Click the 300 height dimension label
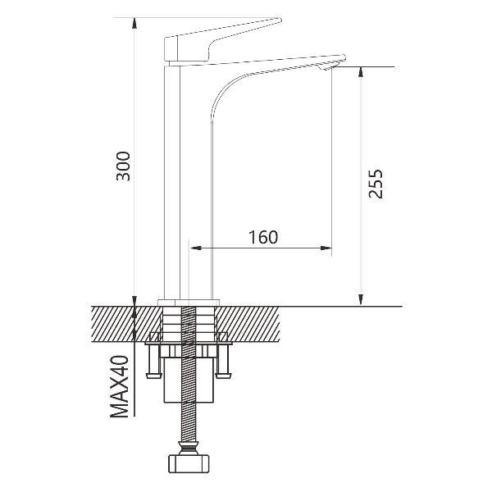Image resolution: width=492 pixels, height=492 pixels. click(x=123, y=166)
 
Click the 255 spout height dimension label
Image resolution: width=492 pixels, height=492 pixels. click(x=376, y=184)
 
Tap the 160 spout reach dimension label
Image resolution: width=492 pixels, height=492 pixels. click(x=263, y=237)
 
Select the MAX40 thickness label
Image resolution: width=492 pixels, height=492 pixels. click(x=120, y=386)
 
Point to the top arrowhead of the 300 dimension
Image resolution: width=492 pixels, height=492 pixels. click(x=134, y=23)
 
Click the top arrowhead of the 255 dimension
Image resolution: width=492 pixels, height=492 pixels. click(x=361, y=71)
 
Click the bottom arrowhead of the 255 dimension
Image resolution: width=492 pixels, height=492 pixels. click(x=361, y=300)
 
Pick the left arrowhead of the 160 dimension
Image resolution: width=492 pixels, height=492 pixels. click(x=195, y=248)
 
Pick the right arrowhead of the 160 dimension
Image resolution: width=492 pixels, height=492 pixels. click(x=326, y=248)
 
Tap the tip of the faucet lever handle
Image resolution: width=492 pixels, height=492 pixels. click(x=280, y=20)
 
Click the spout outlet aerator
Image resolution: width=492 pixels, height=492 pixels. click(x=326, y=67)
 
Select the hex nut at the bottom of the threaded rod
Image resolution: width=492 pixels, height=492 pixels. click(x=189, y=464)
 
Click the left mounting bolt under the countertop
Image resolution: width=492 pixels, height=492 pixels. click(x=154, y=361)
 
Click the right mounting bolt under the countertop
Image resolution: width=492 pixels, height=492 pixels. click(x=224, y=361)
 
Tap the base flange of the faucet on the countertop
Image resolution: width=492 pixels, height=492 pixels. click(x=189, y=303)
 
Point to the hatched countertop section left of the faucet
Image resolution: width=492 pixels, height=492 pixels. click(x=125, y=324)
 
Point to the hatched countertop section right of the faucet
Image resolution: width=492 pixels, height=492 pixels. click(x=248, y=324)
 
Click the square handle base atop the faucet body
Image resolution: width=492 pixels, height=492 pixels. click(x=171, y=48)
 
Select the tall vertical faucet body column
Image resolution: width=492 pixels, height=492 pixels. click(x=172, y=180)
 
